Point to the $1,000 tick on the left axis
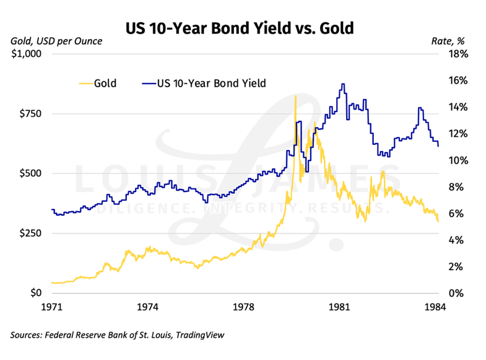[25, 54]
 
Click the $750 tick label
[28, 114]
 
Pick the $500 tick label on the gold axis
[28, 173]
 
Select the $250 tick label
[28, 234]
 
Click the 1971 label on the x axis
[52, 307]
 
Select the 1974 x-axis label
[148, 307]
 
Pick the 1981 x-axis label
[340, 307]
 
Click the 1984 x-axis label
[436, 307]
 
